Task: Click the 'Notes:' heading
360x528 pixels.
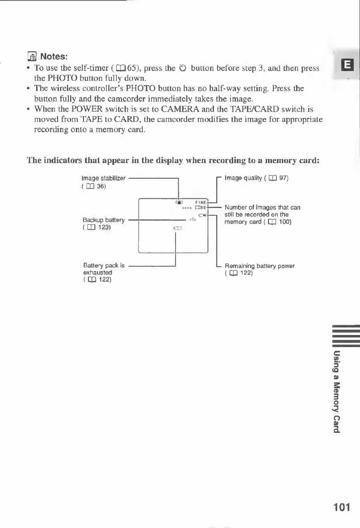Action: pyautogui.click(x=54, y=57)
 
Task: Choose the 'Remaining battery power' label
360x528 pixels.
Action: pyautogui.click(x=260, y=266)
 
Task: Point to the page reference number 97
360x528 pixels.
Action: pyautogui.click(x=283, y=179)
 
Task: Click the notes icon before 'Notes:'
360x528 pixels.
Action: pyautogui.click(x=31, y=57)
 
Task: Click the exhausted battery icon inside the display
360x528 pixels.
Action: pyautogui.click(x=176, y=228)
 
